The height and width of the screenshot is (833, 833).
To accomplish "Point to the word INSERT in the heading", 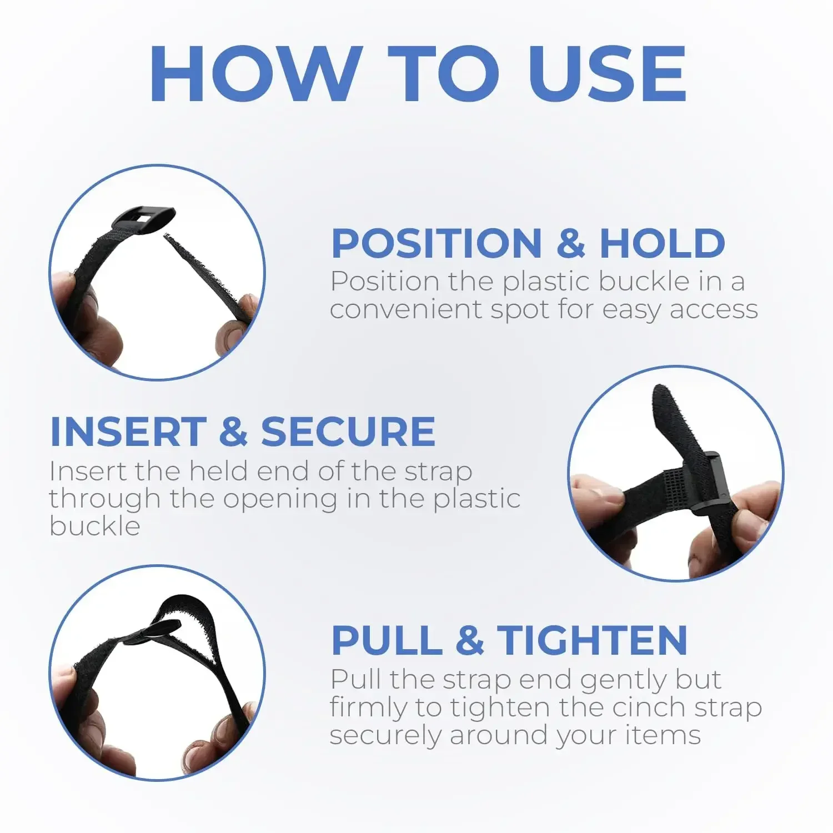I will click(x=128, y=431).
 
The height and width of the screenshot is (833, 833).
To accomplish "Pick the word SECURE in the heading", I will click(x=348, y=431).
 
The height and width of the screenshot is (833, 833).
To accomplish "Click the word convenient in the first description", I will click(x=406, y=309).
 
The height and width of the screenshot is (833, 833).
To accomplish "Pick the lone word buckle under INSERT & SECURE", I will click(x=95, y=526).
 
